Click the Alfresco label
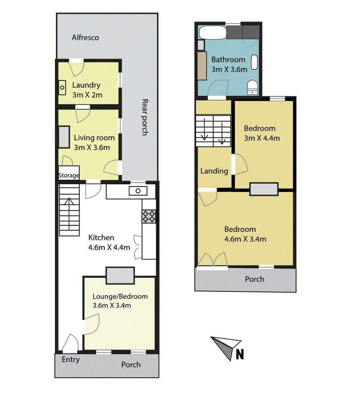[85, 37]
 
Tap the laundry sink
[62, 88]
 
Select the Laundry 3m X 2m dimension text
[87, 95]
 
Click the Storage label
[69, 175]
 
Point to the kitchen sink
[138, 191]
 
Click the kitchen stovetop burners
[149, 216]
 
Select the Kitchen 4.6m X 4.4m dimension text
[109, 247]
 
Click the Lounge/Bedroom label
[120, 296]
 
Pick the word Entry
[71, 359]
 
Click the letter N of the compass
[240, 354]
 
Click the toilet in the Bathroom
[252, 87]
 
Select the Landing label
[214, 171]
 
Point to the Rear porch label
[145, 117]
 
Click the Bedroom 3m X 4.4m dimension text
[262, 138]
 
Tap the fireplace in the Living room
[64, 137]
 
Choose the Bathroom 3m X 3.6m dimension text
[229, 69]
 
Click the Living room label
[94, 138]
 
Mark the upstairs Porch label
[254, 279]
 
